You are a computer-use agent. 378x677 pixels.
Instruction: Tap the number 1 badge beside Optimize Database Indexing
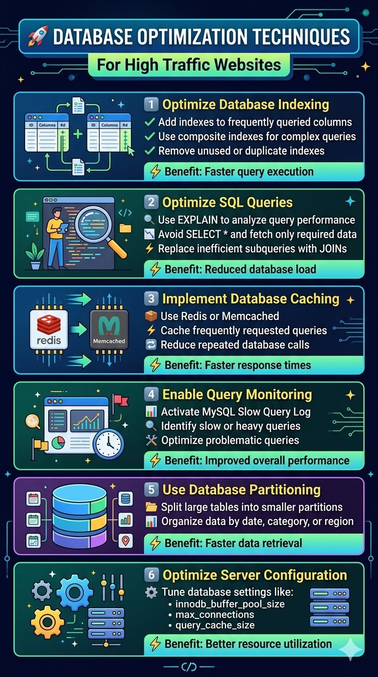151,105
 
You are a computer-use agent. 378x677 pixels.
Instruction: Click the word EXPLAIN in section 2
199,220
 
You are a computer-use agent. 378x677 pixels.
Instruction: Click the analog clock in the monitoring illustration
107,444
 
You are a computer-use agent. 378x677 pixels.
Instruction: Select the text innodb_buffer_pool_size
230,604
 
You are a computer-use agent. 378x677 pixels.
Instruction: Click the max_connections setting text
215,615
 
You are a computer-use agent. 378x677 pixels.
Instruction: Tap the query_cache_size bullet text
215,625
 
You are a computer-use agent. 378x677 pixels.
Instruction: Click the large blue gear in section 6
74,592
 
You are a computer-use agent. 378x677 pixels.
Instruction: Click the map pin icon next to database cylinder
126,541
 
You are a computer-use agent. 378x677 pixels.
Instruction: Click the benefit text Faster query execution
239,172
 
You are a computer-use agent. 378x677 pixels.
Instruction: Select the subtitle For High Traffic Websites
189,65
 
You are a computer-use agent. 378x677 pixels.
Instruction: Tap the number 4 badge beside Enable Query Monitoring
151,395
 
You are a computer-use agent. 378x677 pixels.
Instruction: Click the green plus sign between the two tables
78,134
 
